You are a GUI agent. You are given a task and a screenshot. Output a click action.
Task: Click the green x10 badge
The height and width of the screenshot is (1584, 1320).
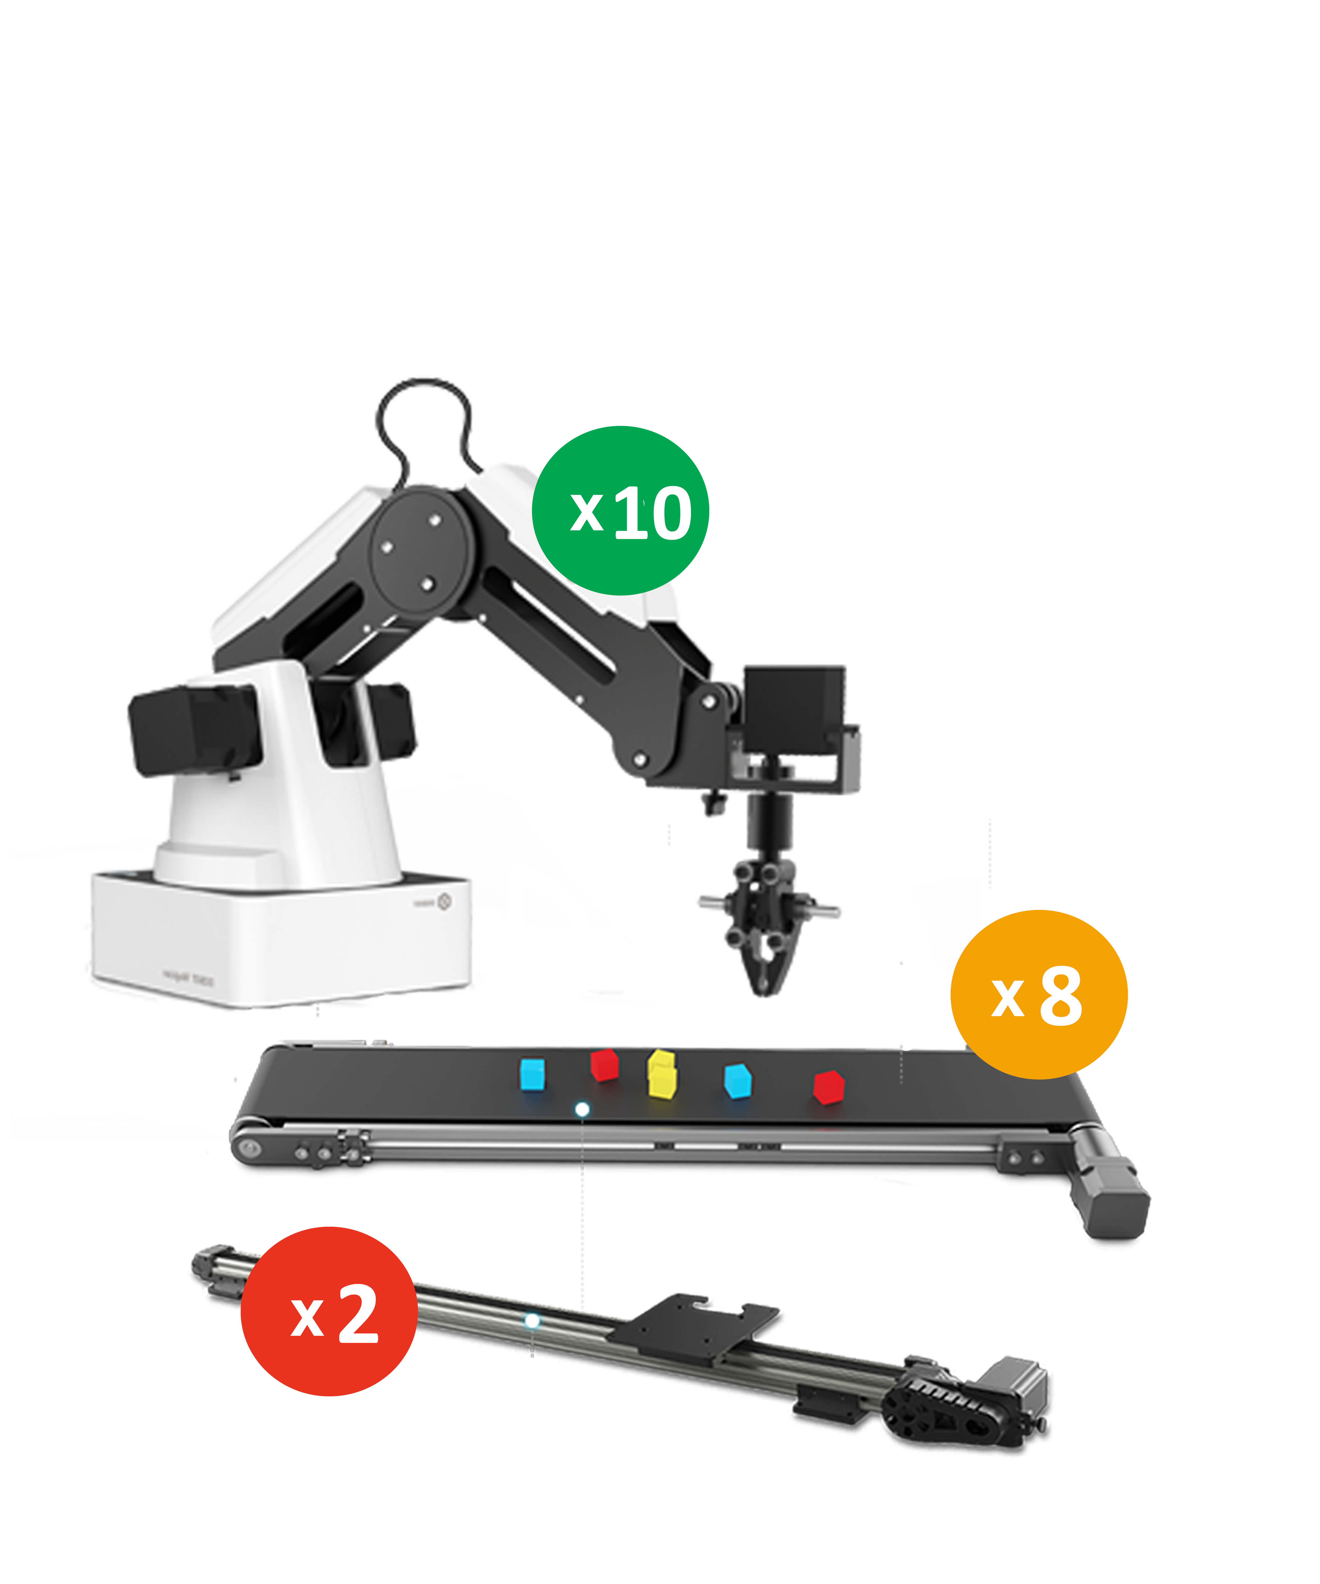point(620,511)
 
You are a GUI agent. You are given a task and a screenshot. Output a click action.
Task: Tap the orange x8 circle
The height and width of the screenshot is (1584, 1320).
point(1039,994)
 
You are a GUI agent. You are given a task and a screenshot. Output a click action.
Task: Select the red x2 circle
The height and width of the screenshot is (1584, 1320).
point(329,1311)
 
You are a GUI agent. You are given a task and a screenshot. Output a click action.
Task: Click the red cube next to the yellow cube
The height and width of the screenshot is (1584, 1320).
point(604,1064)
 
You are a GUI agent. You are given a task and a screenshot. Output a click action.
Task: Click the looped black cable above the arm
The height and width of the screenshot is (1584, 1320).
point(424,415)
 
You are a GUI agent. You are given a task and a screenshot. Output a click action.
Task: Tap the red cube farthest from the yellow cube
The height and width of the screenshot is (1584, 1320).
point(828,1086)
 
